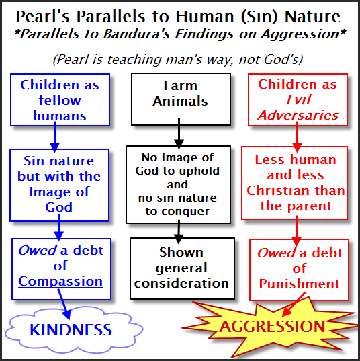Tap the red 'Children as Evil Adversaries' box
298,99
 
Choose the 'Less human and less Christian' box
296,182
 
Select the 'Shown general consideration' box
180,268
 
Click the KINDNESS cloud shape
70,329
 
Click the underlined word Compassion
60,281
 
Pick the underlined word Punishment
299,283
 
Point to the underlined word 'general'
181,268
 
